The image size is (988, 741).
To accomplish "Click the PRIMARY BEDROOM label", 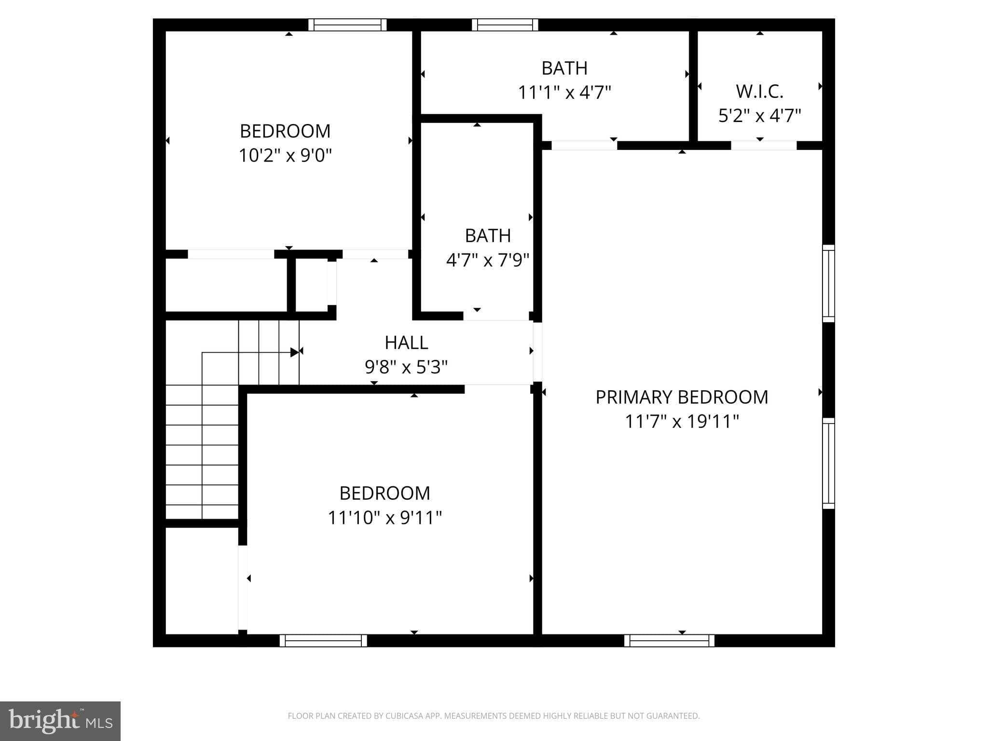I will pyautogui.click(x=681, y=397).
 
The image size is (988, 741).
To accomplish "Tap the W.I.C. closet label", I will pyautogui.click(x=759, y=91).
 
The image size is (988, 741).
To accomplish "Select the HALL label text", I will pyautogui.click(x=406, y=343).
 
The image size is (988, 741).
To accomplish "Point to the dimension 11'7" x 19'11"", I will pyautogui.click(x=682, y=422).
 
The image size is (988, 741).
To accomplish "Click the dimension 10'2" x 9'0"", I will pyautogui.click(x=285, y=155).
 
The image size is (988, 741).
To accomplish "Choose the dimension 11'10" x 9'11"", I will pyautogui.click(x=384, y=518).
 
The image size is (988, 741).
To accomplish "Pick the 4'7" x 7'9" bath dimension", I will pyautogui.click(x=487, y=261).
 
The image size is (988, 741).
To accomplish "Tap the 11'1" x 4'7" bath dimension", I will pyautogui.click(x=564, y=92).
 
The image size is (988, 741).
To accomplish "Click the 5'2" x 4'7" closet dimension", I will pyautogui.click(x=759, y=116).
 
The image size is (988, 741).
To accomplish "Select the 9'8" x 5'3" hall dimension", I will pyautogui.click(x=406, y=368).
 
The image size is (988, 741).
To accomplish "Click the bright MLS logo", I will pyautogui.click(x=60, y=721).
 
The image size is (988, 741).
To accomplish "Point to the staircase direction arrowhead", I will pyautogui.click(x=294, y=352).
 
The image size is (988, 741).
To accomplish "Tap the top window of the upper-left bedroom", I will pyautogui.click(x=347, y=25).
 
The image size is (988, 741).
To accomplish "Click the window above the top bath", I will pyautogui.click(x=505, y=25).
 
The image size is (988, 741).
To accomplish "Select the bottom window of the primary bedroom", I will pyautogui.click(x=669, y=641).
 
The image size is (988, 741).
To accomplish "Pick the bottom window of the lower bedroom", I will pyautogui.click(x=323, y=641).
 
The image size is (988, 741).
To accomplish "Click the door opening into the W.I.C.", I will pyautogui.click(x=763, y=145).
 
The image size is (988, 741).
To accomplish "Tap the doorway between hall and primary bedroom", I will pyautogui.click(x=537, y=353).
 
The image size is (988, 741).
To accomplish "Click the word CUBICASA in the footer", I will pyautogui.click(x=404, y=716).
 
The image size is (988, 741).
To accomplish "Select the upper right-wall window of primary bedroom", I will pyautogui.click(x=828, y=283).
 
